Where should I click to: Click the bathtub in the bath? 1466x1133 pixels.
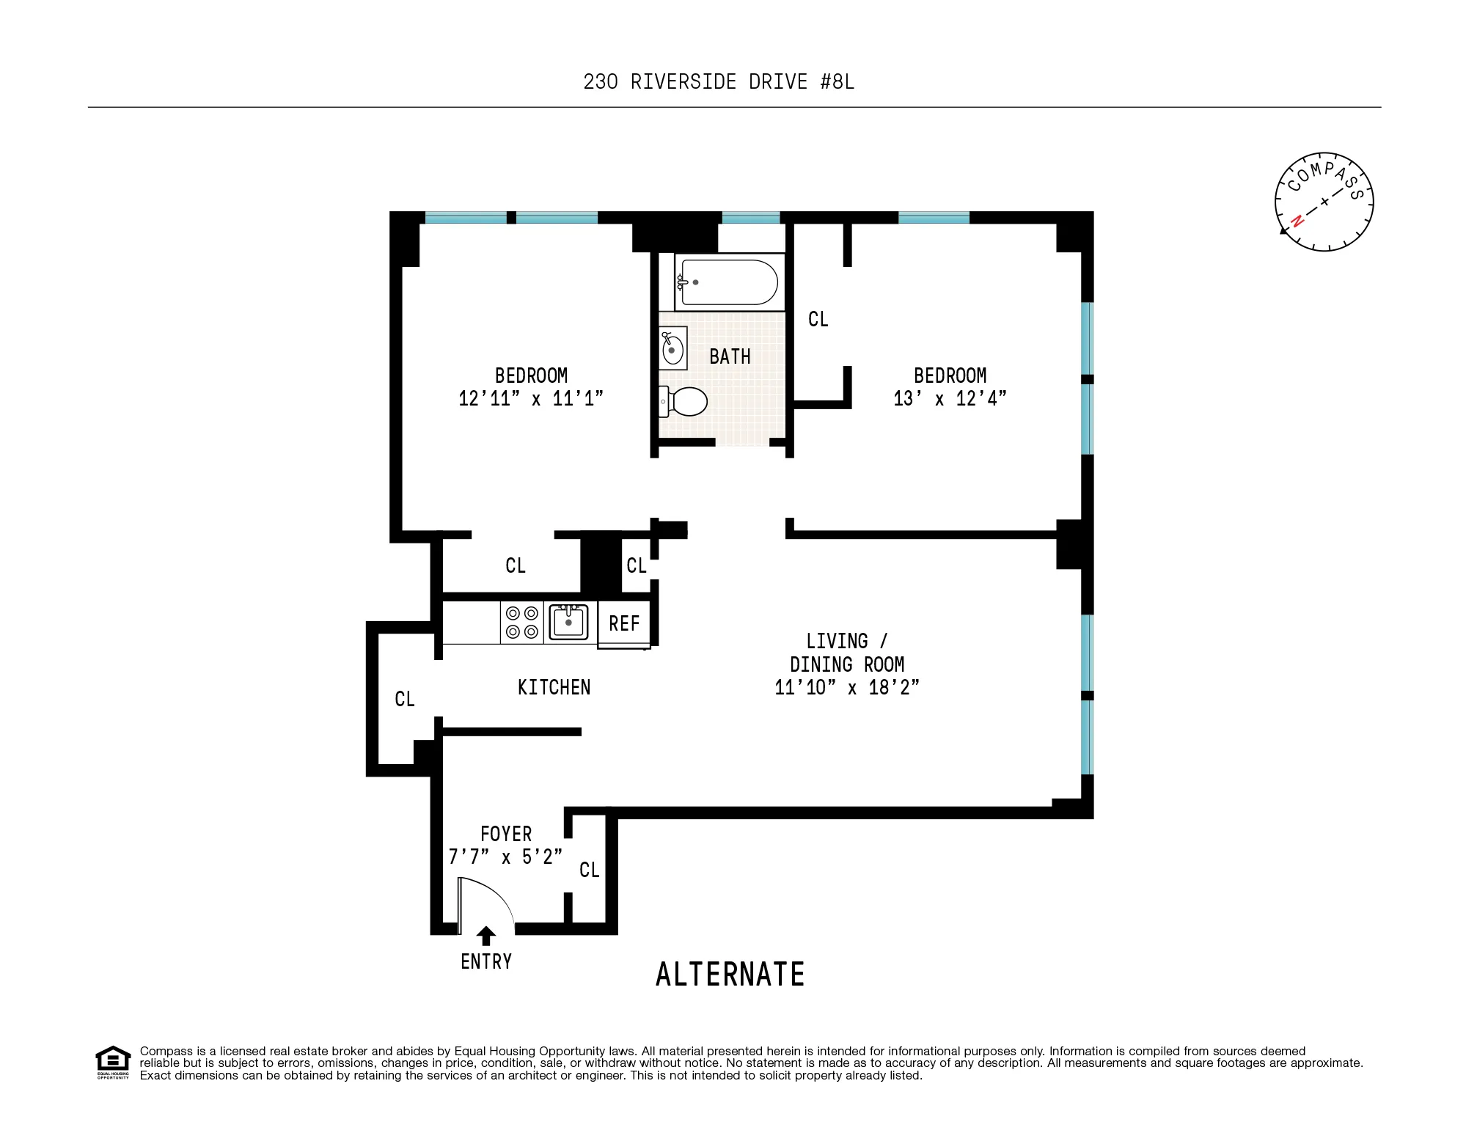point(729,282)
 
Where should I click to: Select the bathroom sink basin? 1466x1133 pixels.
point(672,349)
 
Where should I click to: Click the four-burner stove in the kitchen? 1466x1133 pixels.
point(522,623)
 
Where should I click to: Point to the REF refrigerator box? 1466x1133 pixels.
point(624,624)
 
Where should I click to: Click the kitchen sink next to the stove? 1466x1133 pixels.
point(568,622)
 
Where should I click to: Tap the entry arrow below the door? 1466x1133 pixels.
point(485,936)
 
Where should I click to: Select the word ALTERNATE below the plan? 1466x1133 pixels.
point(730,975)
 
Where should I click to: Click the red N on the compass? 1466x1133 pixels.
point(1297,220)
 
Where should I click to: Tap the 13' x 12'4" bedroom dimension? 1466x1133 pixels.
point(950,398)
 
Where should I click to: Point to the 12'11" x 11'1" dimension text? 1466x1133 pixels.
point(531,398)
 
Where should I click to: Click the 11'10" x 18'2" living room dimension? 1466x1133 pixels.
point(847,687)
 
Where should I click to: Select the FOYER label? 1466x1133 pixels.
point(506,834)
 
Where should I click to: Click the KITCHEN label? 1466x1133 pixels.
point(554,687)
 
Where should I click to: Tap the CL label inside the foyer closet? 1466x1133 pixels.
point(589,870)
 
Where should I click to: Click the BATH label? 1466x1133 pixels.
point(730,356)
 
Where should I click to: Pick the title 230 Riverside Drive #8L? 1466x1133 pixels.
point(719,81)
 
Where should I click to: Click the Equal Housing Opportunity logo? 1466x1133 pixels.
point(113,1062)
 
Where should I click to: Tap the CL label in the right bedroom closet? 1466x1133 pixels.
point(818,319)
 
